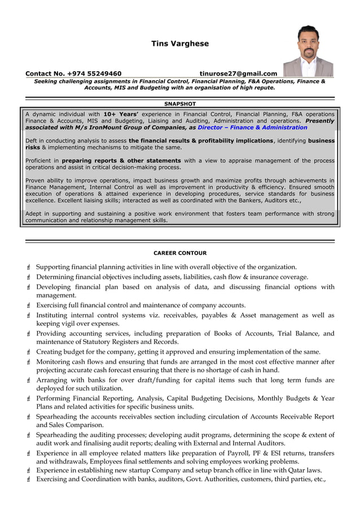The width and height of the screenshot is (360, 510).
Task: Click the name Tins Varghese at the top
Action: pyautogui.click(x=179, y=43)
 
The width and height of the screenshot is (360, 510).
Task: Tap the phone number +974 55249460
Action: pyautogui.click(x=94, y=73)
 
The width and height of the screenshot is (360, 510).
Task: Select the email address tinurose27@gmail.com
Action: pyautogui.click(x=238, y=73)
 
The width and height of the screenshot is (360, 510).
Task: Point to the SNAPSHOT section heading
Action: pyautogui.click(x=180, y=104)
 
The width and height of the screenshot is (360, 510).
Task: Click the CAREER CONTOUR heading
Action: pyautogui.click(x=180, y=253)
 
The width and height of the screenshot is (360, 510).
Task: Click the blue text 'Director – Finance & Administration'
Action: pyautogui.click(x=252, y=128)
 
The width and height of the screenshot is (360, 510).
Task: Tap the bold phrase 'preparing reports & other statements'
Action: pyautogui.click(x=121, y=160)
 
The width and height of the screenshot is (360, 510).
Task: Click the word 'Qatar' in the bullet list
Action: pyautogui.click(x=296, y=470)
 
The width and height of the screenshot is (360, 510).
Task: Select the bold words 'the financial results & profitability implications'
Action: pyautogui.click(x=201, y=141)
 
